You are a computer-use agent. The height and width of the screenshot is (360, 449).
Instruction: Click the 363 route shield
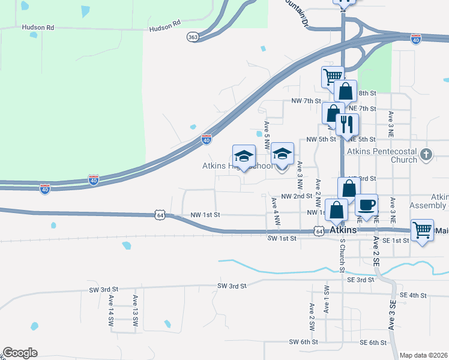(193, 37)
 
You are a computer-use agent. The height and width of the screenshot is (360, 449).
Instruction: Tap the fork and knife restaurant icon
(347, 124)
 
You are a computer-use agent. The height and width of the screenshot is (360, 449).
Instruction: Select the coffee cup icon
(366, 205)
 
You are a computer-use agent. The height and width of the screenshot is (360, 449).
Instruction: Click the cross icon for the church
(426, 154)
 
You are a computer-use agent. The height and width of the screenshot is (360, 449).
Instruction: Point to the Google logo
(20, 353)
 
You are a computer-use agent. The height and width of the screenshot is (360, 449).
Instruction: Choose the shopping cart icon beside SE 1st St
(423, 229)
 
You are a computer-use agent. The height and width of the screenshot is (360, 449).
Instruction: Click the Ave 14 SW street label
(111, 311)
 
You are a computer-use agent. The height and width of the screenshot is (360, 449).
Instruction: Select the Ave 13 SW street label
(135, 311)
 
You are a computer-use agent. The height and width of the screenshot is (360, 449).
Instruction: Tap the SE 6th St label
(373, 342)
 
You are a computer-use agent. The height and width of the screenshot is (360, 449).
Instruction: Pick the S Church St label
(342, 255)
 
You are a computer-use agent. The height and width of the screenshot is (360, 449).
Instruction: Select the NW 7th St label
(306, 101)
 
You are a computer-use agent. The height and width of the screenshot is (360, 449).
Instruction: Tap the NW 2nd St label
(297, 196)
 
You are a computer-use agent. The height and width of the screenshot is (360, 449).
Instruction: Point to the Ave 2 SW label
(312, 317)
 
